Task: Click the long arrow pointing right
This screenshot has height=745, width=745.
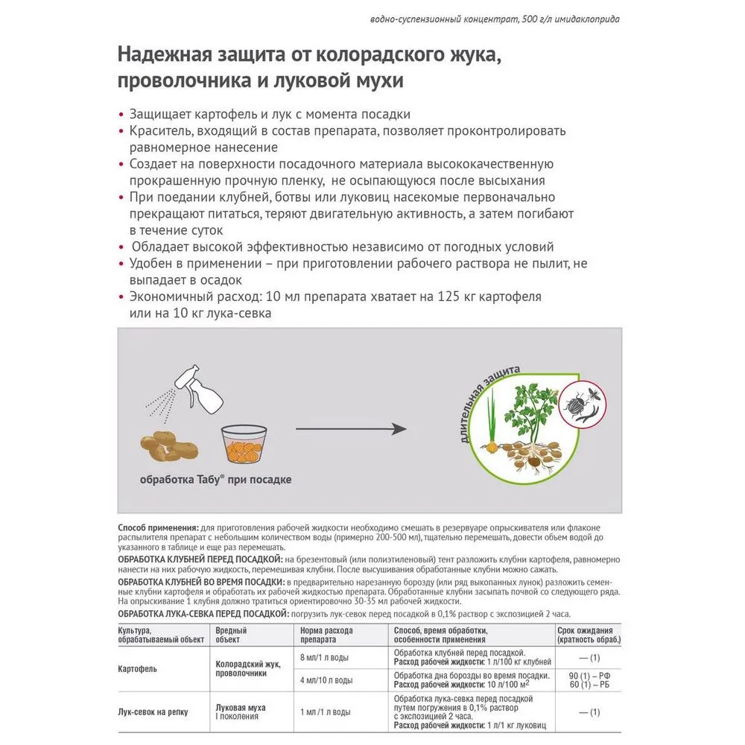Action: (351, 428)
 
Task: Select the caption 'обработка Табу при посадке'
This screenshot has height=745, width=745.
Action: (215, 481)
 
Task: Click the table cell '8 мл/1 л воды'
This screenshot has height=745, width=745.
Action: (325, 657)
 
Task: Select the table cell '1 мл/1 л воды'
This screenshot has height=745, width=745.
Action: (325, 712)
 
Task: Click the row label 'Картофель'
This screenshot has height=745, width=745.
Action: (138, 668)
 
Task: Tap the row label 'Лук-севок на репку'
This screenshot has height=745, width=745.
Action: (153, 712)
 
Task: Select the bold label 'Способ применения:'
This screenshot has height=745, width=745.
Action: (159, 526)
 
